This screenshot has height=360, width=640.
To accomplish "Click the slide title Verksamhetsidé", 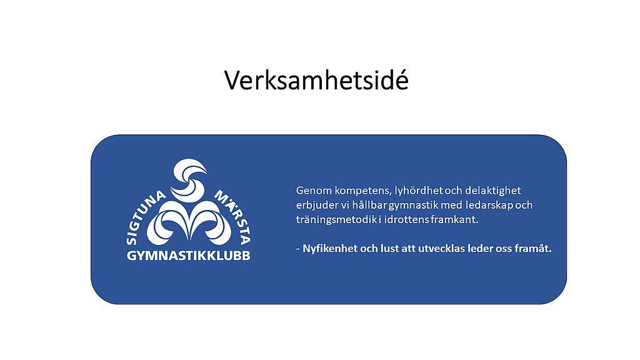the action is click(316, 79).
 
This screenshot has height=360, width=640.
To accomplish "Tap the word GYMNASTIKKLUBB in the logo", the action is click(188, 256).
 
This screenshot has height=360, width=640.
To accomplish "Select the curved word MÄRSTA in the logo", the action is click(233, 216).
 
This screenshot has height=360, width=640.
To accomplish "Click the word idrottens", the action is click(406, 219).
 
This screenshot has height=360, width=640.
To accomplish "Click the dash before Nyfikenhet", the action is click(298, 249).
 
